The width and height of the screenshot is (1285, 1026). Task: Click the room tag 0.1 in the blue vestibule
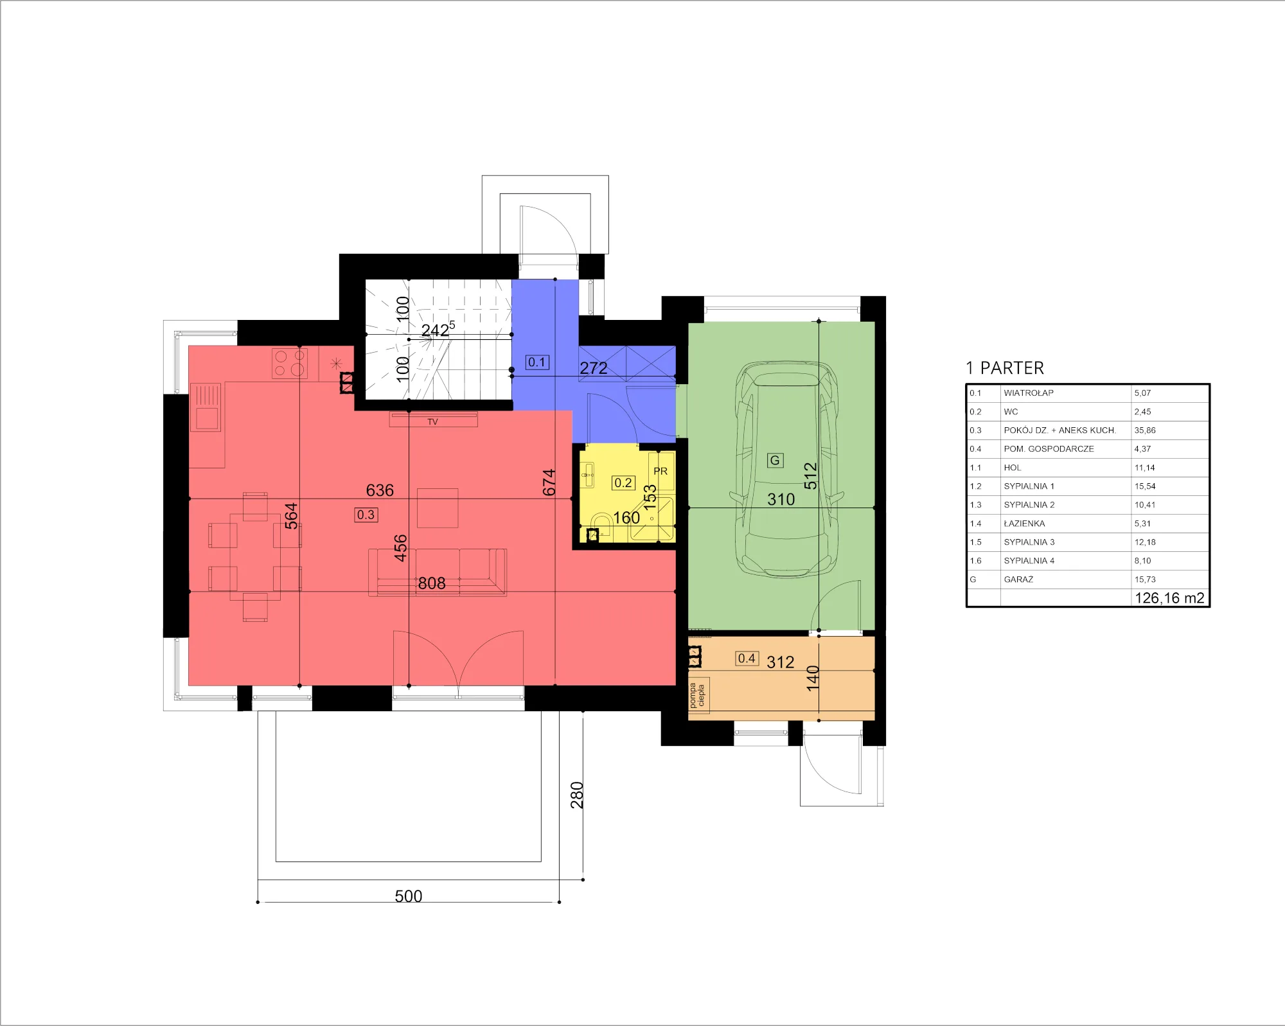pos(536,362)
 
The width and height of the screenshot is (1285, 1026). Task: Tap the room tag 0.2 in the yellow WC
pos(623,482)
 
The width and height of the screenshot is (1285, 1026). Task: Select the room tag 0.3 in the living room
pos(366,515)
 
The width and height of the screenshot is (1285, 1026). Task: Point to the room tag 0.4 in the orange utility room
pos(747,659)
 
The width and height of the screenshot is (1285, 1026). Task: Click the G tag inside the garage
pos(775,460)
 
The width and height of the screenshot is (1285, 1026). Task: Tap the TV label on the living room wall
pos(432,422)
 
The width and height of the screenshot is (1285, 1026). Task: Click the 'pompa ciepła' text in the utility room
pos(697,695)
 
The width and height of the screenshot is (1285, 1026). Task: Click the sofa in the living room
pos(438,572)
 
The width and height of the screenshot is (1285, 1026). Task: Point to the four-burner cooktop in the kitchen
pos(289,363)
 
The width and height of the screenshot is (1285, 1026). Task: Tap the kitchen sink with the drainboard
pos(206,407)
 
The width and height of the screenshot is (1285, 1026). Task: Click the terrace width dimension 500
pos(409,896)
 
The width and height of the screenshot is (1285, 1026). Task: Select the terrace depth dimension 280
pos(577,795)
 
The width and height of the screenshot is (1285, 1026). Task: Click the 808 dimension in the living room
pos(432,583)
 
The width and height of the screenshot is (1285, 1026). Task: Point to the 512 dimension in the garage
pos(810,476)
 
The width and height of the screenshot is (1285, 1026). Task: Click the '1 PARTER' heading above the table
pos(1005,368)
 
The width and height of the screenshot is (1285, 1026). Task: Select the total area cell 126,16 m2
pos(1169,598)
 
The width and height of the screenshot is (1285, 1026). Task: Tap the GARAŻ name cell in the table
pos(1018,579)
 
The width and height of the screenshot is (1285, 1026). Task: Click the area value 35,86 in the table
pos(1145,430)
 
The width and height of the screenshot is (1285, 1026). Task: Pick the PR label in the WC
pos(660,471)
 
